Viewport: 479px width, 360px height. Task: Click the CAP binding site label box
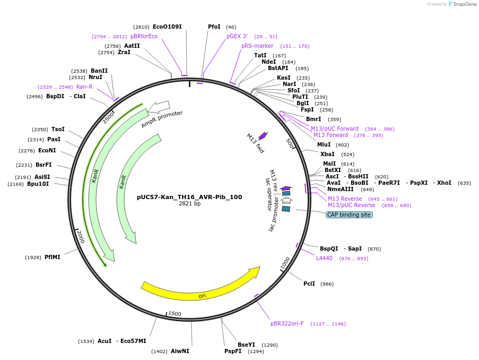click(x=349, y=215)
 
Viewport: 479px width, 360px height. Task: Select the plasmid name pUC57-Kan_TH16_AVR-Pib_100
click(x=189, y=197)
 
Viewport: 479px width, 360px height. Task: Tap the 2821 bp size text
click(x=189, y=204)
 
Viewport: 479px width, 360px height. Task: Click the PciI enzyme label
click(x=309, y=284)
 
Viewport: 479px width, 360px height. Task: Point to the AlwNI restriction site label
click(x=180, y=351)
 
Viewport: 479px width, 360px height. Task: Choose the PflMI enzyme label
click(x=53, y=257)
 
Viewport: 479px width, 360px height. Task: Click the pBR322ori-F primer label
click(x=287, y=323)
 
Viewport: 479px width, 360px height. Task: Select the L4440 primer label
click(x=324, y=258)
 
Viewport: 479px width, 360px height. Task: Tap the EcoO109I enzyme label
click(x=167, y=27)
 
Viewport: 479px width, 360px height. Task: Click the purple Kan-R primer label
click(x=84, y=87)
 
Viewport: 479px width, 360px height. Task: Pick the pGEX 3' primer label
click(x=237, y=36)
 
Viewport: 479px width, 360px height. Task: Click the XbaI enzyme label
click(x=327, y=154)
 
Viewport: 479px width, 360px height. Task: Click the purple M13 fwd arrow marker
click(x=263, y=136)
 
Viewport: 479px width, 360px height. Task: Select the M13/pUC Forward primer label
click(x=335, y=128)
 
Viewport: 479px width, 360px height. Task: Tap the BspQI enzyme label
click(x=328, y=248)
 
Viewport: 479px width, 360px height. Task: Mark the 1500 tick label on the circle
click(x=175, y=314)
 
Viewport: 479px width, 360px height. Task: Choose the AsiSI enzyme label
click(x=42, y=177)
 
